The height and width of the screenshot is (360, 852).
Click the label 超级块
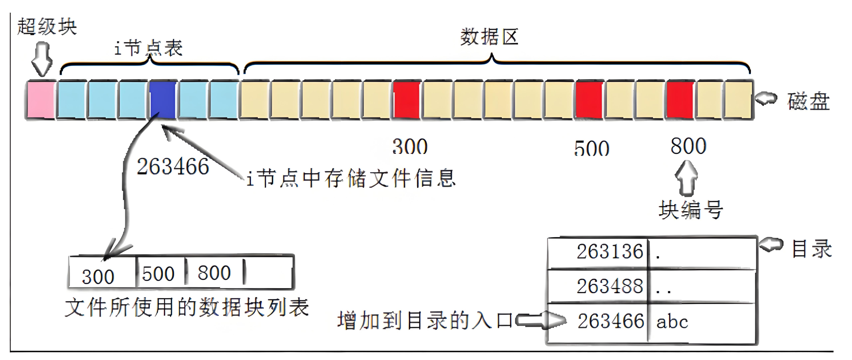click(47, 26)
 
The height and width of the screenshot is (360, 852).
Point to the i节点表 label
click(148, 48)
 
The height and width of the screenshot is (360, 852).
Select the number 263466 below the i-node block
click(173, 166)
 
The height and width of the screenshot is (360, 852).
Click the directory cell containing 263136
click(610, 252)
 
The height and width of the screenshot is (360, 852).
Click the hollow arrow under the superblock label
click(42, 59)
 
